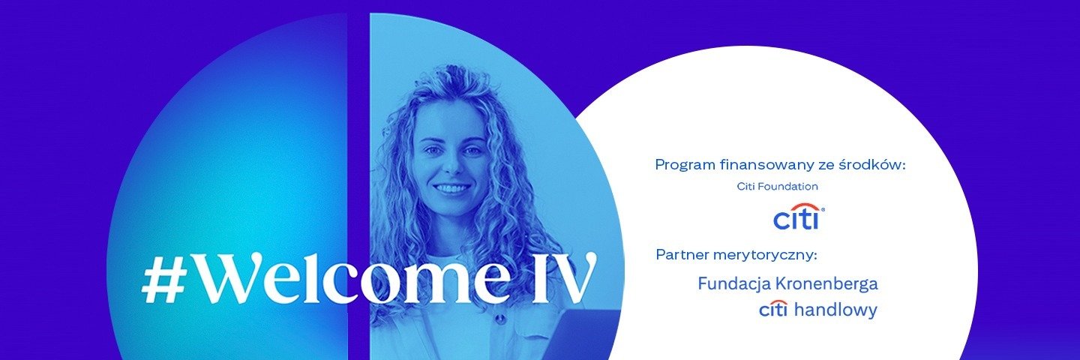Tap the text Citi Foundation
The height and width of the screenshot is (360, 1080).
[x=777, y=186]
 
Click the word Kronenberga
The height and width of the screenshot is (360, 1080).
[x=826, y=283]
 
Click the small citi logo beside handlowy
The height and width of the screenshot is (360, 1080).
[x=773, y=309]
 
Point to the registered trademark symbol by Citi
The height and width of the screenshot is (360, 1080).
[x=823, y=210]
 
